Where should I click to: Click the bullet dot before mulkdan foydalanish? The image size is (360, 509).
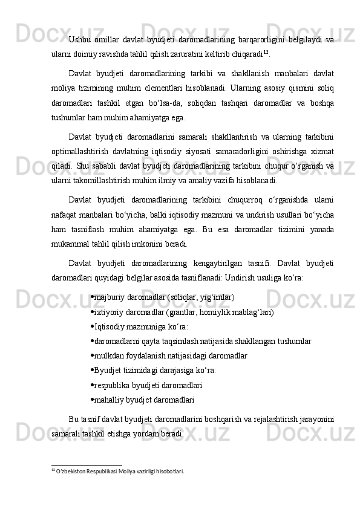91,355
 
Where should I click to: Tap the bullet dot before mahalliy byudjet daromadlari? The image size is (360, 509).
91,400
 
